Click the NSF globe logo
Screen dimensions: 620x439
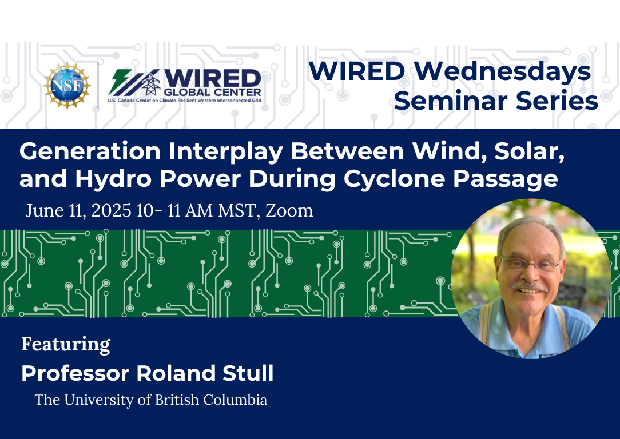pos(67,85)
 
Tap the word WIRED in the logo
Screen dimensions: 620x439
pos(212,78)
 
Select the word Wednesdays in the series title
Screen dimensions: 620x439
pos(503,71)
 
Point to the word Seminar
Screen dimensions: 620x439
pos(451,101)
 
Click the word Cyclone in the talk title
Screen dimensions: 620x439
pos(394,179)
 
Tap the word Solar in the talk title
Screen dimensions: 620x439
pos(529,151)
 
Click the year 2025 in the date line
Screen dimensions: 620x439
pos(111,210)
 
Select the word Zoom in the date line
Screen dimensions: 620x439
pos(289,210)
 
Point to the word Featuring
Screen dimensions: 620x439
pos(66,345)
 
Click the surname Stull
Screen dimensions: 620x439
pos(248,373)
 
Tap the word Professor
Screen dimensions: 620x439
pos(75,373)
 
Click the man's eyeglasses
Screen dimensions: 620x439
pos(530,263)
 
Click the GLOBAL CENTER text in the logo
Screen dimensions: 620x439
pos(212,93)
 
